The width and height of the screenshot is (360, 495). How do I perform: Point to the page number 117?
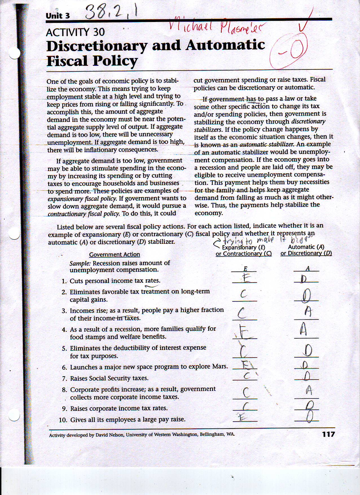point(328,434)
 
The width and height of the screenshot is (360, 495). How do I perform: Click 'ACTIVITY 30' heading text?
point(75,32)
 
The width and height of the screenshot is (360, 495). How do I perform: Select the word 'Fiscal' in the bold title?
point(68,60)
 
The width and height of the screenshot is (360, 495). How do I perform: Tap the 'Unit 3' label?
point(58,16)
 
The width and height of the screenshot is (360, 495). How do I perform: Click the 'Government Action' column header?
point(114,255)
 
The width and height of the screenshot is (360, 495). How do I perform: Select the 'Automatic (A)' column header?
point(306,247)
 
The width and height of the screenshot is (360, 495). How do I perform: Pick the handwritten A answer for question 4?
point(303,329)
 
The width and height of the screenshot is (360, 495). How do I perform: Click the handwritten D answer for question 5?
point(308,351)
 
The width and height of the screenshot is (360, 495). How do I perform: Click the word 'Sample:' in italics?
point(80,263)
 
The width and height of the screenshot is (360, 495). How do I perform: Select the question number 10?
point(63,420)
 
